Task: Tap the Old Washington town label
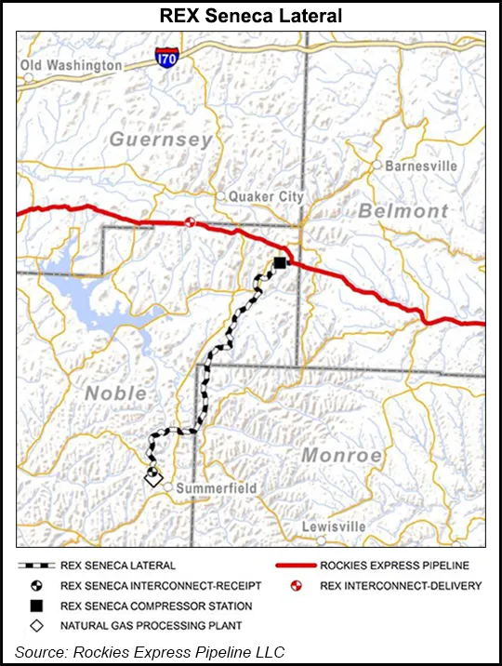[72, 66]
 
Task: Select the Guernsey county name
[161, 140]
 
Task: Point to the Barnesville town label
[421, 166]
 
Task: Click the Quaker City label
[266, 197]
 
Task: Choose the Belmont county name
[403, 212]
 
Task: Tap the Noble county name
[115, 393]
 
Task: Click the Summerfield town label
[217, 488]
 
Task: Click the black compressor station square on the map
[279, 264]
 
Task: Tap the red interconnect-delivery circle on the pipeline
[191, 221]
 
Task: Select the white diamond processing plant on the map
[152, 478]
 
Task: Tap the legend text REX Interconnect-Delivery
[401, 586]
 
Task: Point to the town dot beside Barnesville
[376, 165]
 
